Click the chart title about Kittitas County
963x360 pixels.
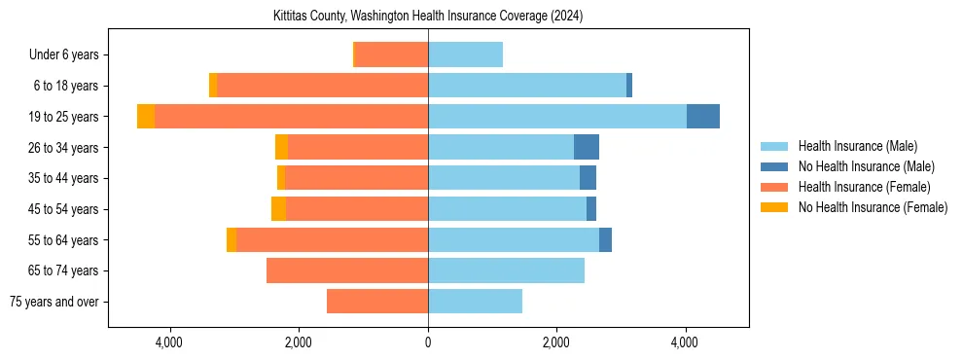pos(428,16)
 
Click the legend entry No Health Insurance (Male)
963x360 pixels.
pos(866,166)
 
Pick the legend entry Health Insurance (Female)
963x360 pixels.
pos(864,187)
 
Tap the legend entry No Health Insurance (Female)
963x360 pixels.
pos(873,207)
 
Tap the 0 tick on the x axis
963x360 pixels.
pos(428,343)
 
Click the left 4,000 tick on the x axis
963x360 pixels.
pos(169,343)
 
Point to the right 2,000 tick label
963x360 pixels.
pos(556,343)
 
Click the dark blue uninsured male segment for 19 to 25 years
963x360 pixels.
pos(703,117)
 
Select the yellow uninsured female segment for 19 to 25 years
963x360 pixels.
pos(146,117)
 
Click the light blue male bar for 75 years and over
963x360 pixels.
pos(475,302)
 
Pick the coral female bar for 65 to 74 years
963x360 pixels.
pos(347,270)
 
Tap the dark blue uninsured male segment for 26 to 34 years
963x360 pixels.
pos(587,147)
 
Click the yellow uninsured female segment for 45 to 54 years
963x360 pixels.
pos(278,209)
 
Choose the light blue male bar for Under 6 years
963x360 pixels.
pos(465,54)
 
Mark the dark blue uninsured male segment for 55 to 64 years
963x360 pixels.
pos(605,239)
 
